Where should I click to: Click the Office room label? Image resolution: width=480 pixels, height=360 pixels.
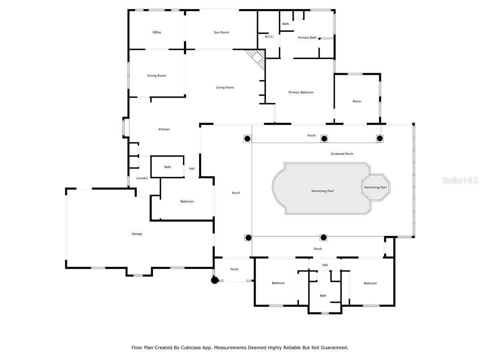157,32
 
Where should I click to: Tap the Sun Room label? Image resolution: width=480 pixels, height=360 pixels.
221,32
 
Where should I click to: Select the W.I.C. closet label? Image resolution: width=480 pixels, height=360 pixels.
269,37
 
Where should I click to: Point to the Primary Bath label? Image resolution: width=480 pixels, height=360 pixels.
307,38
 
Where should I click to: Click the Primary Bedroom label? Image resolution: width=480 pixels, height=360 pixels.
301,92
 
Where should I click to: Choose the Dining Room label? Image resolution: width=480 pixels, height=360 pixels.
156,76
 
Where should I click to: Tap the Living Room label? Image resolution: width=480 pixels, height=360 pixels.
225,88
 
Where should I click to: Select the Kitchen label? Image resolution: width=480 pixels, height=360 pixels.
164,129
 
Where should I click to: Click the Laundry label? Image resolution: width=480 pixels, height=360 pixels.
142,178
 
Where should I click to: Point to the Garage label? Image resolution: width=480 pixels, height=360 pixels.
137,234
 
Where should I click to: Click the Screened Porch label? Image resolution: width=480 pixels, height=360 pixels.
342,154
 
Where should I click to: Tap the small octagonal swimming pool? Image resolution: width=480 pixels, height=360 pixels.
376,187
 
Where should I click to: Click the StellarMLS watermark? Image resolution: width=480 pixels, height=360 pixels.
460,180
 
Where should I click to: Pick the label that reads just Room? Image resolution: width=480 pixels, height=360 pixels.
357,102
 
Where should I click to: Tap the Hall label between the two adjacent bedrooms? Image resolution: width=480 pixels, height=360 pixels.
325,265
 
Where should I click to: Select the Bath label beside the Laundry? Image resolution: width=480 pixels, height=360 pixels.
168,167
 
